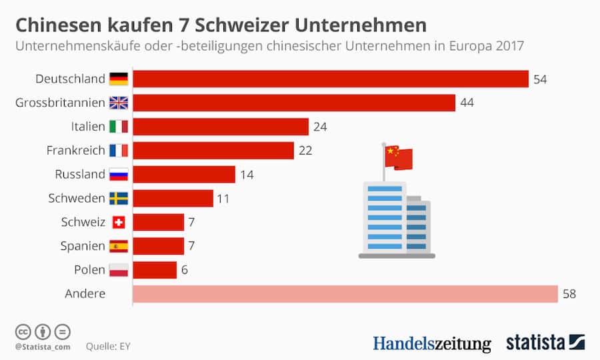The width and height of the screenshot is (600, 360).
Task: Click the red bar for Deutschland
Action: point(331,79)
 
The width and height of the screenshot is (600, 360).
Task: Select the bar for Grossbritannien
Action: point(294,103)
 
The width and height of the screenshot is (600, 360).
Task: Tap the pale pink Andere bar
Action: point(345,294)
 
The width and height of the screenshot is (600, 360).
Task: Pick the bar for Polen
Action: point(155,270)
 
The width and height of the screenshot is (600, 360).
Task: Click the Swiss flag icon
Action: point(119,223)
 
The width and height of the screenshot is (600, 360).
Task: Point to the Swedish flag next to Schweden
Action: point(119,199)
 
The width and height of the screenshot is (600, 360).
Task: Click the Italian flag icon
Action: point(119,127)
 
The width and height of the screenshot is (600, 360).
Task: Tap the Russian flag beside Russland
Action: point(119,175)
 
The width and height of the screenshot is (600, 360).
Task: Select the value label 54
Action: point(540,79)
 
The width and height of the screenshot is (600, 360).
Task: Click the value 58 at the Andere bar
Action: point(569,294)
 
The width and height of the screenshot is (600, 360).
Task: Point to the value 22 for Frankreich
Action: point(305,151)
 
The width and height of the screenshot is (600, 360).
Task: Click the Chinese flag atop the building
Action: point(399,157)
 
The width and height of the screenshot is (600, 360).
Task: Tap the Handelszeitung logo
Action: point(431,343)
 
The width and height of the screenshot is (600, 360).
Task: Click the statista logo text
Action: point(535,343)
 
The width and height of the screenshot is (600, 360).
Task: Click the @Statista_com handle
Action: point(42,347)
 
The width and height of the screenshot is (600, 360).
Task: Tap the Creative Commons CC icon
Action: point(23,331)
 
